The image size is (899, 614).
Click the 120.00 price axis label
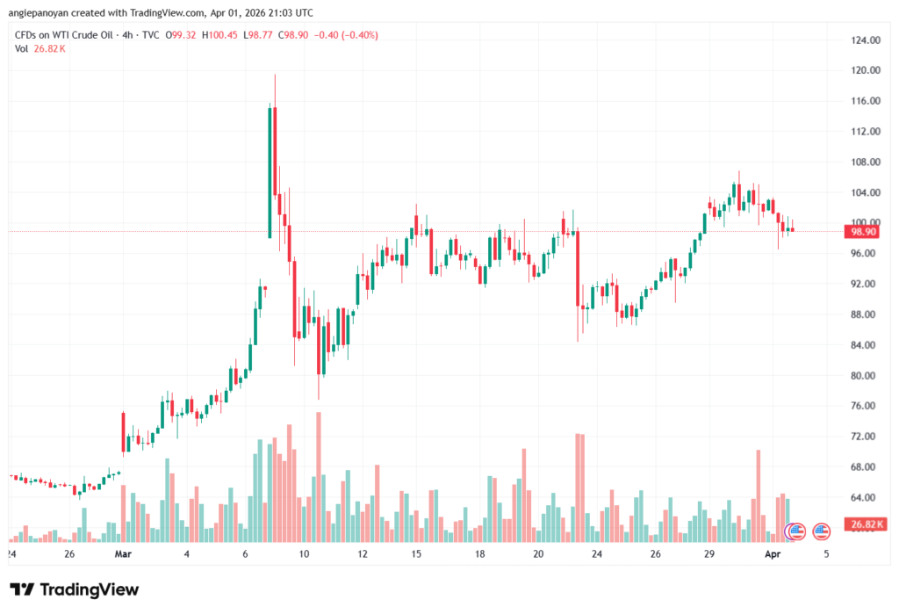(x=864, y=70)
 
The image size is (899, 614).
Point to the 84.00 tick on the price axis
(x=864, y=345)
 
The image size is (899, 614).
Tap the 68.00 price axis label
(x=864, y=467)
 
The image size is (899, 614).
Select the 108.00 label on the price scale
(x=864, y=163)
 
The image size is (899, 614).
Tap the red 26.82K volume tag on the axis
(x=864, y=524)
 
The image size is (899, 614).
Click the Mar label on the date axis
(x=123, y=555)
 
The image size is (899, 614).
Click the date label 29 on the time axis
(x=709, y=555)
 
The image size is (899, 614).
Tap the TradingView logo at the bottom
(x=74, y=590)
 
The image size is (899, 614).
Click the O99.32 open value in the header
(x=180, y=34)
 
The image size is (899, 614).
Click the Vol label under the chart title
(x=22, y=48)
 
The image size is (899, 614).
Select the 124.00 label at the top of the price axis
(x=864, y=40)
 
